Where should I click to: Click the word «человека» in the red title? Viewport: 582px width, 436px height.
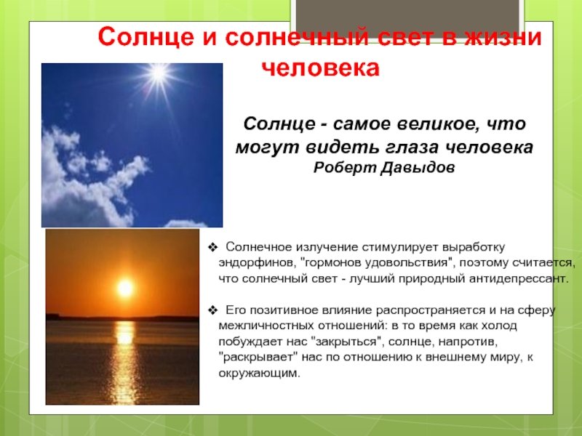pyautogui.click(x=321, y=68)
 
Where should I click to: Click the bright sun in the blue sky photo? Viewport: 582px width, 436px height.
pyautogui.click(x=159, y=73)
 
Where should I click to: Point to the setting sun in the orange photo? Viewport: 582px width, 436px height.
pyautogui.click(x=125, y=288)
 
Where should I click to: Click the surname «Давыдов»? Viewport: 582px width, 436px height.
pyautogui.click(x=418, y=168)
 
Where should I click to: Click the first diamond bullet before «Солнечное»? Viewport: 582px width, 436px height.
pyautogui.click(x=212, y=247)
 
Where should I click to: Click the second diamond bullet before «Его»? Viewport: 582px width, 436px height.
pyautogui.click(x=212, y=310)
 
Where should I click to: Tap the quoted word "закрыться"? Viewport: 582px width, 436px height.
pyautogui.click(x=348, y=341)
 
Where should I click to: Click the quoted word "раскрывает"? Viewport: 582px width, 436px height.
pyautogui.click(x=259, y=357)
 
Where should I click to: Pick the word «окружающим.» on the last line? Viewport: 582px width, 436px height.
pyautogui.click(x=259, y=373)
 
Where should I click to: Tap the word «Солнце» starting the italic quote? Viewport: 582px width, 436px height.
pyautogui.click(x=279, y=124)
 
